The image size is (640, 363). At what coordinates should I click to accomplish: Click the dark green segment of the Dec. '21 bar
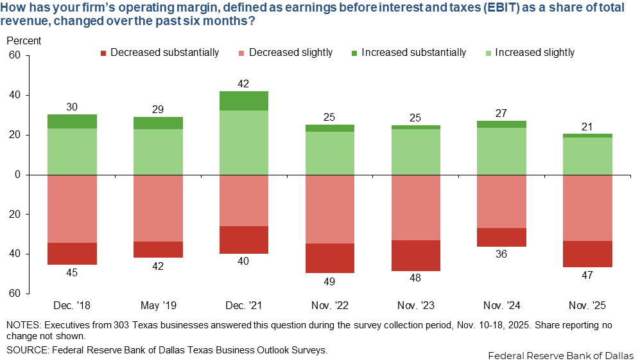(x=243, y=101)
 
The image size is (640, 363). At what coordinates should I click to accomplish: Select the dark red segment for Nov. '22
(x=329, y=258)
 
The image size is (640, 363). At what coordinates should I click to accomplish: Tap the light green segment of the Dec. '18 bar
(x=72, y=152)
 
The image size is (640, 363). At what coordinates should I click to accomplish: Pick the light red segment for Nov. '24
(x=501, y=201)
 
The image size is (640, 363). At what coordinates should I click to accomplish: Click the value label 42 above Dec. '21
(x=243, y=84)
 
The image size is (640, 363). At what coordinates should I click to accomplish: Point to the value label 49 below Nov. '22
(x=329, y=281)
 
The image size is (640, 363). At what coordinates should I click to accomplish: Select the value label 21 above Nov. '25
(x=587, y=126)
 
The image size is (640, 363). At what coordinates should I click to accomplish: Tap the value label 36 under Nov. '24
(x=501, y=254)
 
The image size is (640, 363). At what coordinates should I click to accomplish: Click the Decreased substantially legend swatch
(x=103, y=53)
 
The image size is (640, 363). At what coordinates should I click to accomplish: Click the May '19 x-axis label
(x=157, y=303)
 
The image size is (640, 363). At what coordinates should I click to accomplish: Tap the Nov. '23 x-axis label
(x=415, y=303)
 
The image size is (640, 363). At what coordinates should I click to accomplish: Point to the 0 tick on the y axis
(x=19, y=175)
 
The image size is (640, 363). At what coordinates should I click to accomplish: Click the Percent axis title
(x=24, y=40)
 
